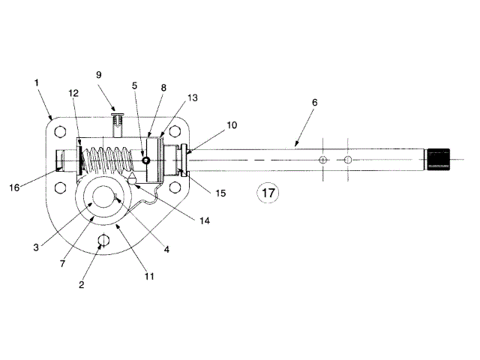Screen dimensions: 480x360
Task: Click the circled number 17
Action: pyautogui.click(x=268, y=193)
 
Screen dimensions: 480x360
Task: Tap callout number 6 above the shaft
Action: pyautogui.click(x=315, y=103)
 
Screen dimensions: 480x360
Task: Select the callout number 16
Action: pyautogui.click(x=14, y=187)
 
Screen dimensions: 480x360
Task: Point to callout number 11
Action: pyautogui.click(x=149, y=277)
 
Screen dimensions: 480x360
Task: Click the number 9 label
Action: pyautogui.click(x=98, y=75)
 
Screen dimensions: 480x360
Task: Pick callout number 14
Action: pyautogui.click(x=205, y=220)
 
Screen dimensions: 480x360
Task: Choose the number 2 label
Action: pyautogui.click(x=82, y=285)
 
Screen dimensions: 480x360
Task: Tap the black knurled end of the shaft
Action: pyautogui.click(x=438, y=160)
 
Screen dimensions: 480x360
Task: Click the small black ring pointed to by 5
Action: pyautogui.click(x=145, y=160)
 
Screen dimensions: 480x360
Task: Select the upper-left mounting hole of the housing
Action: pyautogui.click(x=60, y=132)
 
